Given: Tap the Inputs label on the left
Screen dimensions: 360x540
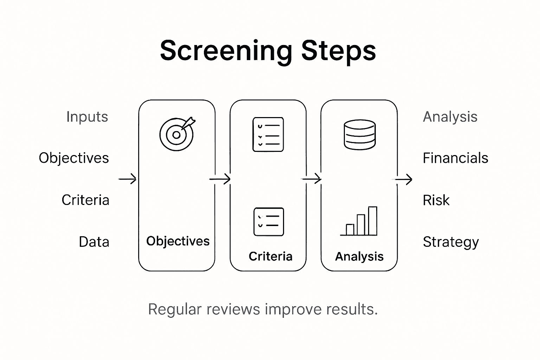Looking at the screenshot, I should pos(87,117).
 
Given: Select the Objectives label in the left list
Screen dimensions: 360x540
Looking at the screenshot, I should pos(74,158).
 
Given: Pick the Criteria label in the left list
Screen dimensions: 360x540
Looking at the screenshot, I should pos(85,200).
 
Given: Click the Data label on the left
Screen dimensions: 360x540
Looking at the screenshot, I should pos(94,242).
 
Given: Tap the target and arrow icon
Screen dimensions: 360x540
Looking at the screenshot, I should pos(177,134).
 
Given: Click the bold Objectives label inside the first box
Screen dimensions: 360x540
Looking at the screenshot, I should pos(178,241).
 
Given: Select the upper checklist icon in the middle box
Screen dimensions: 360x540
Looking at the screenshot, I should pos(268,135).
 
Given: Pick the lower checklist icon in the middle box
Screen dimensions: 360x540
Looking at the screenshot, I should pos(269,222).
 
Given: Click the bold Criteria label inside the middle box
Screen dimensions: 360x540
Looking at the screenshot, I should pos(270,256).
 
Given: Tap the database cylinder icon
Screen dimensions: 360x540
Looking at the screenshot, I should pos(359,135).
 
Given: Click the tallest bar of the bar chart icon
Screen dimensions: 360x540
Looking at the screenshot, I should pos(372,221).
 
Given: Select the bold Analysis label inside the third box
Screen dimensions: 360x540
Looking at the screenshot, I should pos(359,256).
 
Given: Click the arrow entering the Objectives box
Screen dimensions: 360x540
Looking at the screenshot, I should pos(127,179).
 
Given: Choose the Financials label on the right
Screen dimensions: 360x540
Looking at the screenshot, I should pos(455,158).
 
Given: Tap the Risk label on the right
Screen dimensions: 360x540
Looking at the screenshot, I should pos(436,200).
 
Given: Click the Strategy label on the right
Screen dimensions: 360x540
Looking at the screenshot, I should pos(451,242).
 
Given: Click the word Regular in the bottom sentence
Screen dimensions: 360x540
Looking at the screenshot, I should pos(175,309).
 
